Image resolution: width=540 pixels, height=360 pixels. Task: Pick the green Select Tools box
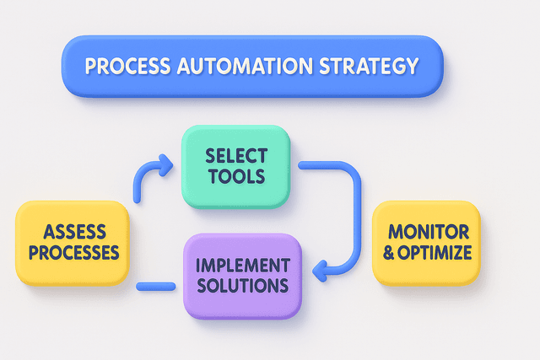pyautogui.click(x=235, y=166)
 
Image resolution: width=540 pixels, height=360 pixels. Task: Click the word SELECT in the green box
pyautogui.click(x=235, y=156)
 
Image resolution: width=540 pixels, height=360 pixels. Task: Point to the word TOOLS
pyautogui.click(x=235, y=177)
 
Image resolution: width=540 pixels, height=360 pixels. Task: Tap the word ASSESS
pyautogui.click(x=73, y=229)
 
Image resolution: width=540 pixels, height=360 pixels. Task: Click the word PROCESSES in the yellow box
pyautogui.click(x=73, y=251)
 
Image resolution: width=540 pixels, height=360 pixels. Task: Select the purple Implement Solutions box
pyautogui.click(x=242, y=276)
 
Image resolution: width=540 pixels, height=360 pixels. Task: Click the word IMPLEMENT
pyautogui.click(x=242, y=265)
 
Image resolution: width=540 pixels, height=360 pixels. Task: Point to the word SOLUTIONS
pyautogui.click(x=242, y=287)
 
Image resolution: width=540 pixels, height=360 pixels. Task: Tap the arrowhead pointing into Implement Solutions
pyautogui.click(x=318, y=270)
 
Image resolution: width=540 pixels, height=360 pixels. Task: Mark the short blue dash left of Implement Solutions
pyautogui.click(x=155, y=287)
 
